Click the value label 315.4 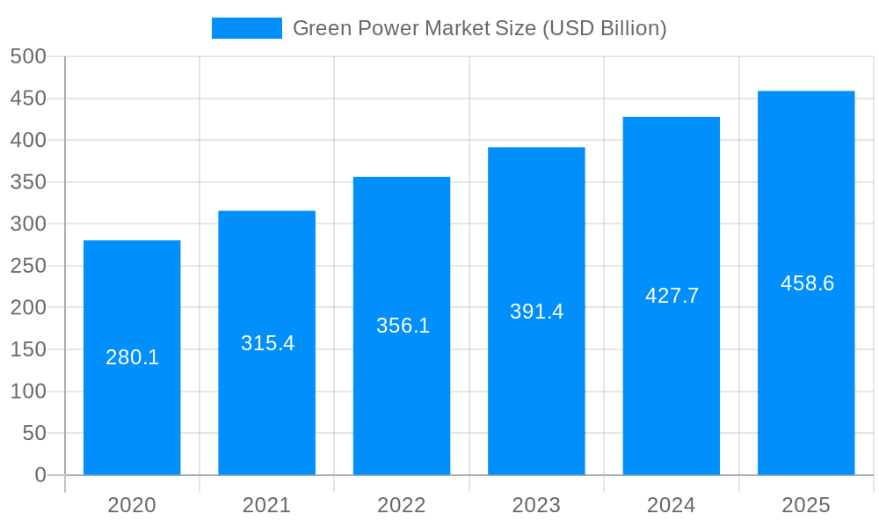[267, 343]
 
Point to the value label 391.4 [536, 312]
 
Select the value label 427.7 [672, 296]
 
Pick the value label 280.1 [132, 357]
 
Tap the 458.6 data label [807, 283]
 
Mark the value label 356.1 [403, 326]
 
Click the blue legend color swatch [246, 28]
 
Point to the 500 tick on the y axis [28, 56]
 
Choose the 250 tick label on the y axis [28, 266]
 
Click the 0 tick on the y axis [40, 475]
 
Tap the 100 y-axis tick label [28, 392]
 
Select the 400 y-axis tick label [28, 140]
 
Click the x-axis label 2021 [266, 505]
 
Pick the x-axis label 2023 [536, 505]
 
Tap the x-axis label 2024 [672, 505]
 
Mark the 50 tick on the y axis [34, 433]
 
